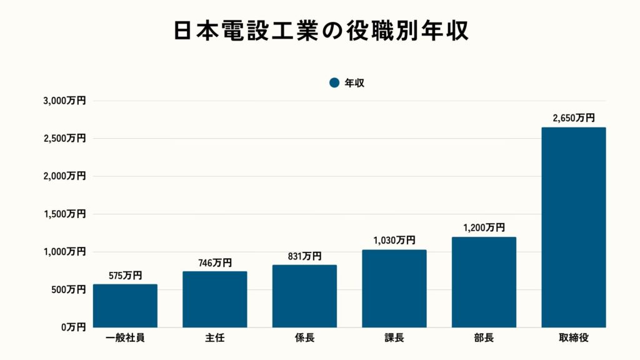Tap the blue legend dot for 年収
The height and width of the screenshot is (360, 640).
click(334, 82)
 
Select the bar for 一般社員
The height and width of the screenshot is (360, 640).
click(125, 306)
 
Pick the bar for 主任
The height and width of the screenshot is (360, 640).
click(214, 299)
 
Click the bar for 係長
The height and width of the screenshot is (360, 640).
click(304, 296)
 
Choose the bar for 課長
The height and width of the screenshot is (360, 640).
click(394, 289)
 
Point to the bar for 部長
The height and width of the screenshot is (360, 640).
click(484, 282)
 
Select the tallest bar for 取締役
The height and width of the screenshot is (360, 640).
click(573, 227)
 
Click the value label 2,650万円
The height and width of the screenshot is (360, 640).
click(573, 117)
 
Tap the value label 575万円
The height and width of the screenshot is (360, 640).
click(125, 275)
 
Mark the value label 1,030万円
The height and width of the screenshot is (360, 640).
click(394, 240)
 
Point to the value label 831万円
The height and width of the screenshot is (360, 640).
click(304, 256)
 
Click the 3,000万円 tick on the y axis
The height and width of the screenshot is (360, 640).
click(65, 101)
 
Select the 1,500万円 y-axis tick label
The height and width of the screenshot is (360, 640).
click(65, 214)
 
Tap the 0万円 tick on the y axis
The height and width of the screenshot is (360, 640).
click(73, 327)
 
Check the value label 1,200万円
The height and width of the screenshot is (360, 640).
click(484, 227)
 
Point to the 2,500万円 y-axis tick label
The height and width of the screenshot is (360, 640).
click(65, 138)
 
